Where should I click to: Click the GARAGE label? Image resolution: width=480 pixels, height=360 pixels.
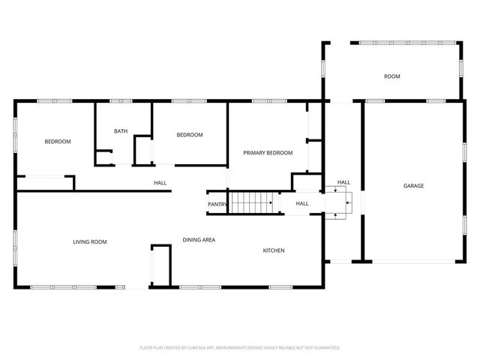click(x=413, y=185)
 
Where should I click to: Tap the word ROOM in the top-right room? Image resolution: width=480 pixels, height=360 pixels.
click(x=391, y=76)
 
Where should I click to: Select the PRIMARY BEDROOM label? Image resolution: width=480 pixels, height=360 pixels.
click(x=268, y=152)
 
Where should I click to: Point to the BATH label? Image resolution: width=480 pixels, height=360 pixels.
click(x=121, y=131)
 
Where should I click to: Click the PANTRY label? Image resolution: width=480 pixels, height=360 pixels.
click(x=217, y=204)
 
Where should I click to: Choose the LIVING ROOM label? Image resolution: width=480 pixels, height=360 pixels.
click(x=90, y=241)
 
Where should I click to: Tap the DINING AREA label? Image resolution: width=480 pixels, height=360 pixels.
click(x=199, y=240)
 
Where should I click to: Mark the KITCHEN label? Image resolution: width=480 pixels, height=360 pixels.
click(x=273, y=250)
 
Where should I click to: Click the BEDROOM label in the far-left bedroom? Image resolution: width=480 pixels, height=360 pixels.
click(x=58, y=142)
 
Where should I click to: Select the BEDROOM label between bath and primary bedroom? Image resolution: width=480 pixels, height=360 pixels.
click(x=190, y=135)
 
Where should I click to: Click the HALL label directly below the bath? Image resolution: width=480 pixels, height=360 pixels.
click(x=160, y=182)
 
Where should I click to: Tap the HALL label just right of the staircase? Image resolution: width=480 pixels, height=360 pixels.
click(x=302, y=203)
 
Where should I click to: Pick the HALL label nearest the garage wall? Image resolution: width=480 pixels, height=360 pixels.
click(x=343, y=182)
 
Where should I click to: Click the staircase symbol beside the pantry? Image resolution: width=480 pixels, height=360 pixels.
click(x=252, y=202)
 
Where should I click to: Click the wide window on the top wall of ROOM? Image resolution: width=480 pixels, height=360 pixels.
click(x=390, y=43)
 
